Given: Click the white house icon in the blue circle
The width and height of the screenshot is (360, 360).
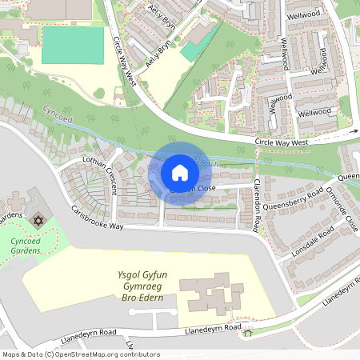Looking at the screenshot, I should (179, 172).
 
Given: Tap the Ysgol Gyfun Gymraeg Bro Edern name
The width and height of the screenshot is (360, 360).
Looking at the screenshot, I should (129, 286).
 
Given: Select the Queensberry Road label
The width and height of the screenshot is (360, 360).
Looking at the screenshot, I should (292, 200).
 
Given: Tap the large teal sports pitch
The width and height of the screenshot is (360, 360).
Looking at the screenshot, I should (73, 45).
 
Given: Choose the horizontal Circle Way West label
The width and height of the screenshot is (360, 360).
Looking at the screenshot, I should (282, 143).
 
